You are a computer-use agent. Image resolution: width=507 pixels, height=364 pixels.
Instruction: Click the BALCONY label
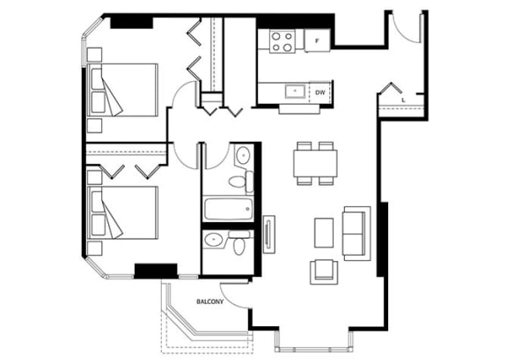(209, 301)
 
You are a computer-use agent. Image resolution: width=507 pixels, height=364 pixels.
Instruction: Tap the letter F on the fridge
(317, 41)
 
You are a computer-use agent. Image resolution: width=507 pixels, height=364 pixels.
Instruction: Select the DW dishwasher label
(320, 93)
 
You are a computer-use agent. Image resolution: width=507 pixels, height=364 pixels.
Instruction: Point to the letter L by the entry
(403, 100)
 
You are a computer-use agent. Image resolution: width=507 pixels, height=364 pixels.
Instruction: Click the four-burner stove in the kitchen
(283, 41)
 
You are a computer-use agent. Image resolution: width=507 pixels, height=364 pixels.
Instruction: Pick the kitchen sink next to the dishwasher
(295, 92)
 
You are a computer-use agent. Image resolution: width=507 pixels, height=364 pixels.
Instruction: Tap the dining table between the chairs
(316, 163)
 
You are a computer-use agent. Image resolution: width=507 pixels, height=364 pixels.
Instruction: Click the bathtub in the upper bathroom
(228, 208)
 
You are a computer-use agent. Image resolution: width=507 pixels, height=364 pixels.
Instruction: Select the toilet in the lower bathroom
(239, 243)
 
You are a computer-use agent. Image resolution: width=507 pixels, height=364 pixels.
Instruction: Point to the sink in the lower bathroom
(213, 240)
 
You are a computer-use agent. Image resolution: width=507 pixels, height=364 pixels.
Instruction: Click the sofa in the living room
(356, 234)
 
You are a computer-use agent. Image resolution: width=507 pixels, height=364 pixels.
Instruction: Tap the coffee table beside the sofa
(324, 233)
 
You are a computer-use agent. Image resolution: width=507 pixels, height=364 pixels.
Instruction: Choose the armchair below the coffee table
(324, 271)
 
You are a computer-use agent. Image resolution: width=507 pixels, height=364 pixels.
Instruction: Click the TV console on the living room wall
(269, 234)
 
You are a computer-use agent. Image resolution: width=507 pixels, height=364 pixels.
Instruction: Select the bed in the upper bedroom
(122, 90)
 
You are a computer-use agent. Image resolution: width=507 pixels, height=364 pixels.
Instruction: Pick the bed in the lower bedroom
(122, 212)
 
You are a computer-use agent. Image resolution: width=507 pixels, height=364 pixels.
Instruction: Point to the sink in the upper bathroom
(243, 156)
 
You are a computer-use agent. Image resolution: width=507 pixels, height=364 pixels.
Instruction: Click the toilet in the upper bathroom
(241, 181)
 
